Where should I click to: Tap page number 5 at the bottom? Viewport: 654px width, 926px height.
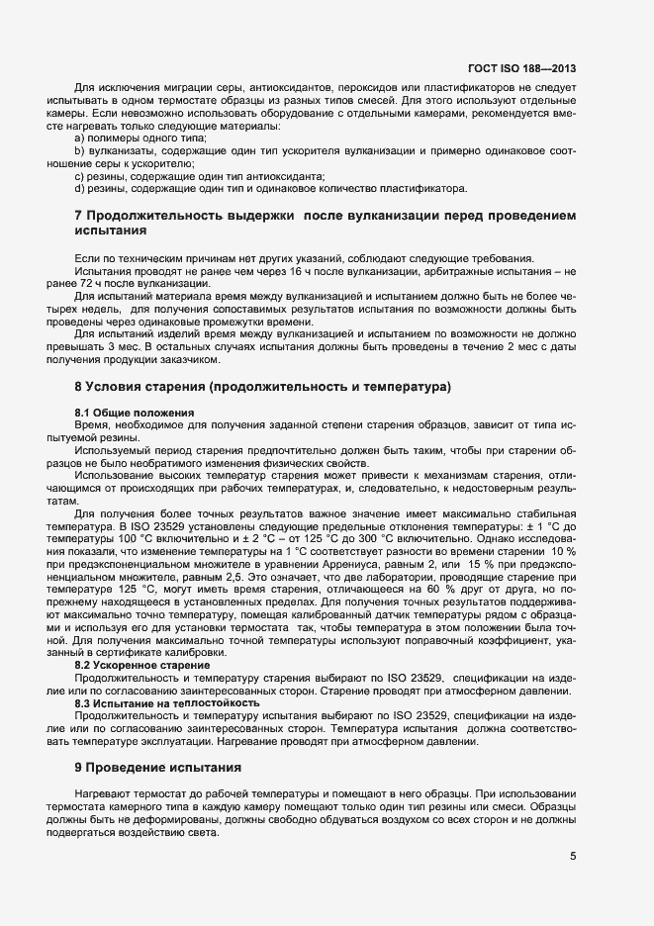(x=573, y=857)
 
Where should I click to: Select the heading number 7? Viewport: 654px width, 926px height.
(x=79, y=216)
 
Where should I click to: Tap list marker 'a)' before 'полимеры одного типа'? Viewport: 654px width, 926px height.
(x=81, y=139)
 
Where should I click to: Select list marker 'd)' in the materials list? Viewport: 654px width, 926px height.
(x=81, y=188)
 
